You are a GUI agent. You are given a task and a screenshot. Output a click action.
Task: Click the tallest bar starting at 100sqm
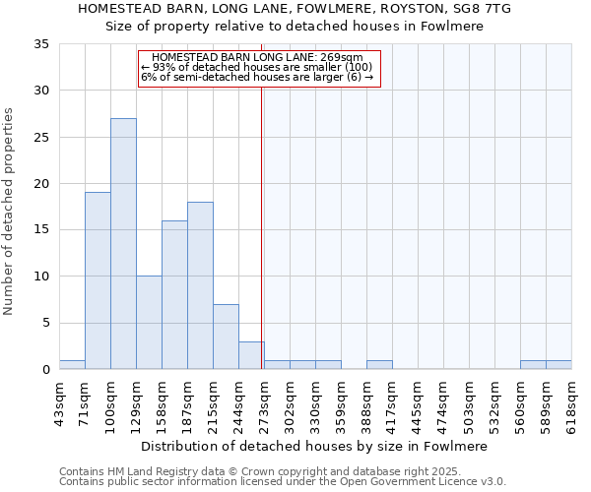coord(123,244)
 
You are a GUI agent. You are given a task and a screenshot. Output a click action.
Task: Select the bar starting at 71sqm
coord(98,280)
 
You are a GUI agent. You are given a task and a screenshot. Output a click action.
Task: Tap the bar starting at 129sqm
coord(149,323)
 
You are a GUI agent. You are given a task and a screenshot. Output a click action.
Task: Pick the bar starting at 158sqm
coord(174,295)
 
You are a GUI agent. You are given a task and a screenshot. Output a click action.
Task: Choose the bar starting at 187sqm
coord(200,285)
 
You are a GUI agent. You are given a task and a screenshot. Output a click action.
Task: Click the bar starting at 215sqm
coord(226,337)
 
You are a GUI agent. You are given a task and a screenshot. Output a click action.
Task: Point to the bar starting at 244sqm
coord(251,355)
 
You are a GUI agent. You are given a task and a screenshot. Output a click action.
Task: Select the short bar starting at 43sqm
coord(72,364)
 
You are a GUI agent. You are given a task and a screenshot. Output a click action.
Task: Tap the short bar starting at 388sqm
coord(379,364)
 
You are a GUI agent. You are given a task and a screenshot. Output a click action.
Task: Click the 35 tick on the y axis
coord(41,44)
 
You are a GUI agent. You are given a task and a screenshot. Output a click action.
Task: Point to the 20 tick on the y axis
coord(41,184)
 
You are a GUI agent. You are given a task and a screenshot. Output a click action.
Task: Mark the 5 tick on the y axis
coord(45,323)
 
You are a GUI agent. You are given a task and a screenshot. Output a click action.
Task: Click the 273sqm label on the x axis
coord(264,402)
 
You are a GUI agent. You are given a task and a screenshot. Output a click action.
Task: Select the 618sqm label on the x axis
coord(571,402)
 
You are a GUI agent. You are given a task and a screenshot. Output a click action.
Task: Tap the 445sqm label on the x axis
coord(418,402)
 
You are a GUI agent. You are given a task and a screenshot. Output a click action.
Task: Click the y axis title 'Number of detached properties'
coord(9,212)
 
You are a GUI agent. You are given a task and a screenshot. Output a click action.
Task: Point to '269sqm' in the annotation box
coord(344,57)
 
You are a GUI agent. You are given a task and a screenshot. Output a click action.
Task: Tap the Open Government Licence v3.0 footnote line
coord(283,482)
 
